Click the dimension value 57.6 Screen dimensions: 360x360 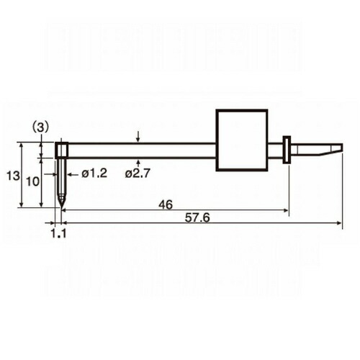click(197, 218)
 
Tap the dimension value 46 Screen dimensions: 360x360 click(166, 204)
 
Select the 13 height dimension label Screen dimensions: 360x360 click(13, 176)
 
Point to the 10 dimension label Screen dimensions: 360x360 click(32, 181)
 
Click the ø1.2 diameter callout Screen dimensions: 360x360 click(94, 174)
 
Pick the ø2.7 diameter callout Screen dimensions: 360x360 click(138, 174)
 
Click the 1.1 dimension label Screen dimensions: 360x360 click(58, 233)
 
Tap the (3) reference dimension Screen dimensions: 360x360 click(40, 127)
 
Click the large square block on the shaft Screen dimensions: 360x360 click(242, 140)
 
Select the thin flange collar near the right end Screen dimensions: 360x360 click(287, 150)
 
